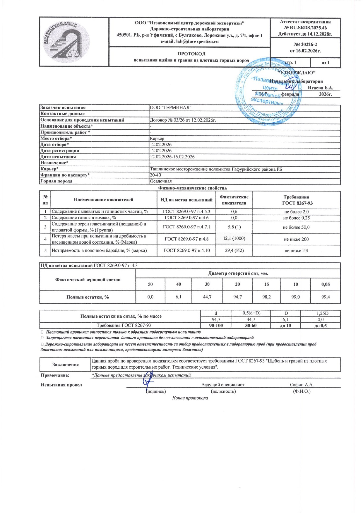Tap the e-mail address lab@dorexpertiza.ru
pyautogui.click(x=189, y=42)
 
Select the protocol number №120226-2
pyautogui.click(x=305, y=45)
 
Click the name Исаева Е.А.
pyautogui.click(x=320, y=88)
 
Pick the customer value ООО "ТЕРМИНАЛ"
pyautogui.click(x=170, y=107)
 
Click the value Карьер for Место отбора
pyautogui.click(x=157, y=138)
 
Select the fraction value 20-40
pyautogui.click(x=155, y=175)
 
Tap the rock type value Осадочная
pyautogui.click(x=161, y=181)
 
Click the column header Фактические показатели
pyautogui.click(x=234, y=200)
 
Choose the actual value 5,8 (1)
pyautogui.click(x=234, y=227)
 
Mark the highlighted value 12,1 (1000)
pyautogui.click(x=234, y=238)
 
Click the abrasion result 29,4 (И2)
pyautogui.click(x=234, y=250)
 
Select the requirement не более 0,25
pyautogui.click(x=296, y=218)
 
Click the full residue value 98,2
pyautogui.click(x=266, y=297)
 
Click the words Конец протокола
pyautogui.click(x=190, y=398)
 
